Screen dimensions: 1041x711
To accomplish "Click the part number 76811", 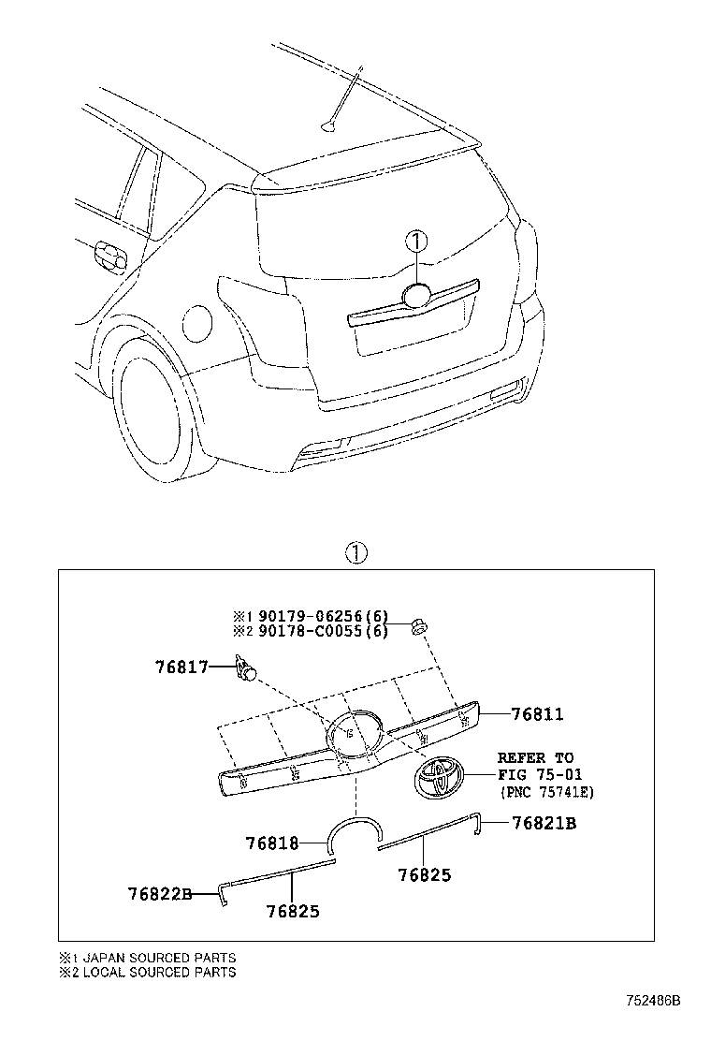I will [x=537, y=714].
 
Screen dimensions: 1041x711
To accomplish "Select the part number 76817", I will [x=181, y=667].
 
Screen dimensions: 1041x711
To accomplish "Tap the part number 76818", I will [x=271, y=843].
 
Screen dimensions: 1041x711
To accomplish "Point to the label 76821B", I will [x=544, y=823].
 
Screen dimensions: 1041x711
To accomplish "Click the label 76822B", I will [x=160, y=894].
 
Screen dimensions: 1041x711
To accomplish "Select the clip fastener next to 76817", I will [x=247, y=668].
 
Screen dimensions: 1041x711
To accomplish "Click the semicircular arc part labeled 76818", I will [x=355, y=828].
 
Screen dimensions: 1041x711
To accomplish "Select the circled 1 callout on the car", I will [x=416, y=241].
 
